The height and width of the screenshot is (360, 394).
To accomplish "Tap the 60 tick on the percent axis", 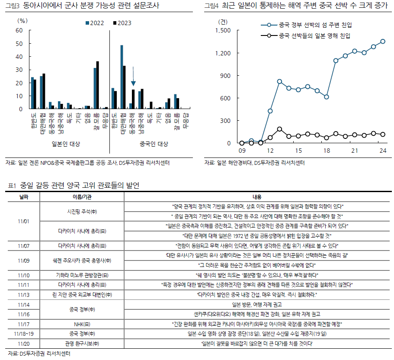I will click(19, 30).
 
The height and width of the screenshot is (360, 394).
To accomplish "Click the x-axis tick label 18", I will click(327, 151).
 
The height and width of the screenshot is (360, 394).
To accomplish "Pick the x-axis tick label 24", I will click(383, 151).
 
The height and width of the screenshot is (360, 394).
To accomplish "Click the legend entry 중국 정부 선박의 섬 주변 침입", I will click(309, 25).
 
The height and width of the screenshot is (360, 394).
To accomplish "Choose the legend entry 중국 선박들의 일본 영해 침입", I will click(309, 36).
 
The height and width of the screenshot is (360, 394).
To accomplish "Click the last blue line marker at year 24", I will click(383, 42).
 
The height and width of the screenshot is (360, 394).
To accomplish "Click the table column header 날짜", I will click(24, 197).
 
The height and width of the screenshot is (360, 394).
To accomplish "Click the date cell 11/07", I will click(24, 245).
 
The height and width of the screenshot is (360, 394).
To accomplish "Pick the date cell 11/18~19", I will click(24, 334).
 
